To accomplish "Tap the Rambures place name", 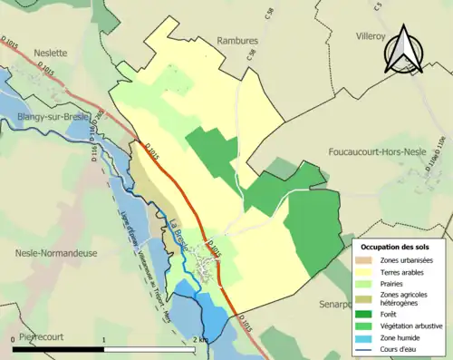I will (x=239, y=40).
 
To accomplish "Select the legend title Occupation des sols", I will (x=400, y=247).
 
